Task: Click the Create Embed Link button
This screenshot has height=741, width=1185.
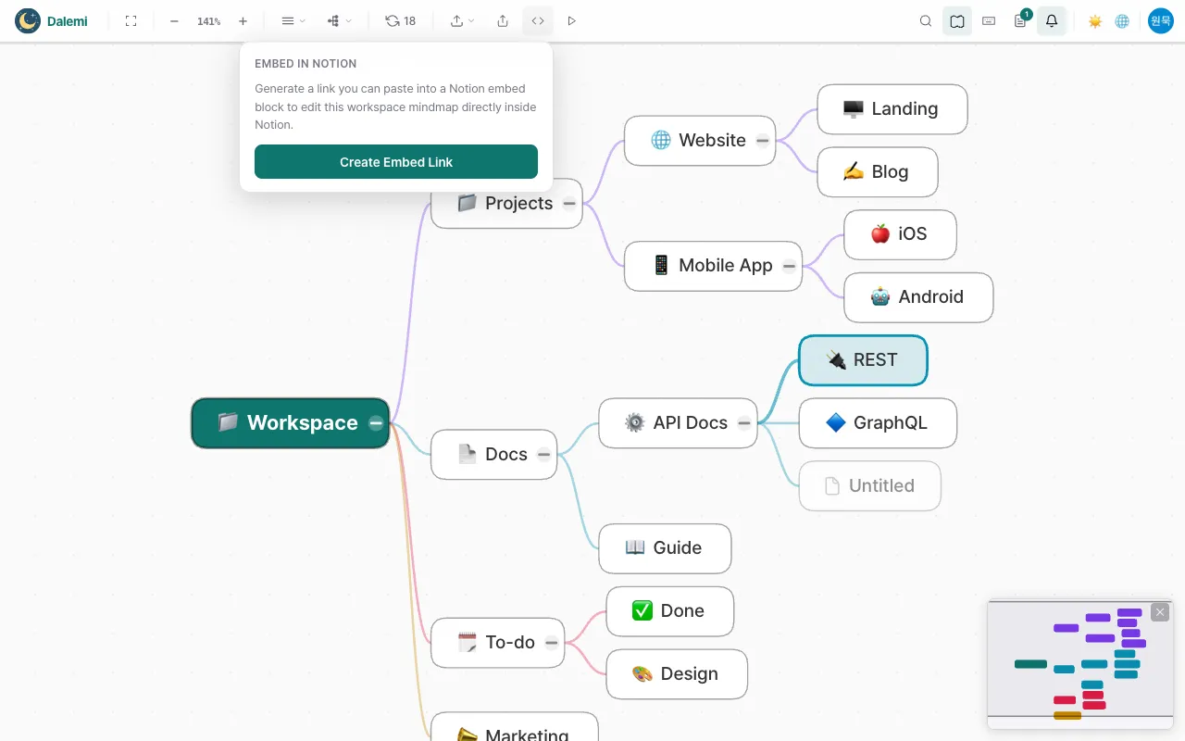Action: [x=395, y=161]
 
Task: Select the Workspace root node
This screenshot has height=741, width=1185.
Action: [x=290, y=423]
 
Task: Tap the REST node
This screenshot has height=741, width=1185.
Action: [x=863, y=360]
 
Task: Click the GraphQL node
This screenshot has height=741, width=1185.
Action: [x=878, y=423]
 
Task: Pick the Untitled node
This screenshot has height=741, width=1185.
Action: [x=869, y=485]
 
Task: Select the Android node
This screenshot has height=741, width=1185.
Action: [x=918, y=297]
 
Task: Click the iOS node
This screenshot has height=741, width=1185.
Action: [x=900, y=234]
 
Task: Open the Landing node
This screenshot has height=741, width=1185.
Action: [x=892, y=109]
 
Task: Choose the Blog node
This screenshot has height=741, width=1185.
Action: [x=877, y=171]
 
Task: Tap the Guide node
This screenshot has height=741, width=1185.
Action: [x=665, y=547]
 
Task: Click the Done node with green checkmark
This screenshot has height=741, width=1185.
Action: [x=669, y=610]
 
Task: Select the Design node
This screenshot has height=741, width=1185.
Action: [x=677, y=673]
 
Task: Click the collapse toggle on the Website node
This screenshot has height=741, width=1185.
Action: [x=762, y=140]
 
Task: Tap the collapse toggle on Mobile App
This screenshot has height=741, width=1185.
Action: [x=789, y=266]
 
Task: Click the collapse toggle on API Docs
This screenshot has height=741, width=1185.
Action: [x=743, y=423]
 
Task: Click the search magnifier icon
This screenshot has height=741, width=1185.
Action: [x=925, y=21]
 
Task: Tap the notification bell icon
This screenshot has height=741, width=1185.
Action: [x=1051, y=21]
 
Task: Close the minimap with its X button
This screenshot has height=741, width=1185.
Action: [x=1160, y=612]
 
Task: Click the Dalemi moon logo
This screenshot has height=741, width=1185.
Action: [x=28, y=21]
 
